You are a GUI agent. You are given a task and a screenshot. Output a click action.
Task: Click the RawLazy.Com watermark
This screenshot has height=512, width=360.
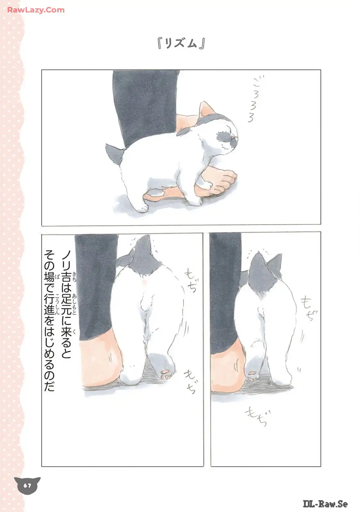point(36,10)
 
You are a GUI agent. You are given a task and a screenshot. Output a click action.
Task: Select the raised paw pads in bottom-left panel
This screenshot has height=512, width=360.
point(165,373)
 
